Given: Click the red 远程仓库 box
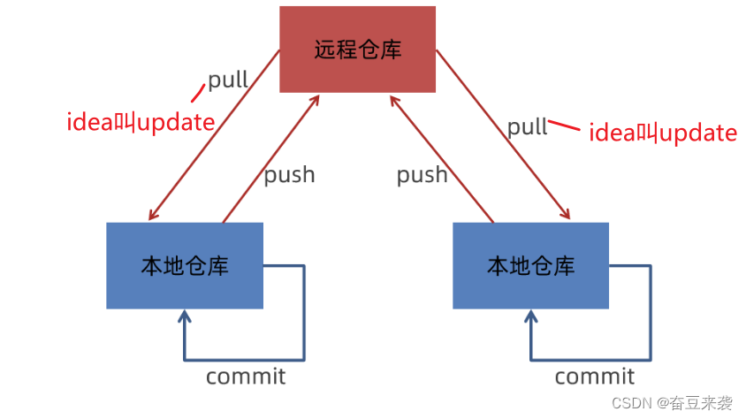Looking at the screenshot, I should [x=357, y=50].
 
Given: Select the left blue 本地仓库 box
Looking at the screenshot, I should [x=185, y=265].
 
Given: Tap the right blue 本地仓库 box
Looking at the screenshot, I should [x=531, y=265].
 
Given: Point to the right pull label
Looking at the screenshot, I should [x=528, y=126].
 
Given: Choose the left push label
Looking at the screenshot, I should [x=289, y=174].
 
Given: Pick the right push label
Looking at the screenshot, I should [x=422, y=174].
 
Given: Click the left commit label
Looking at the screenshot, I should [x=246, y=377].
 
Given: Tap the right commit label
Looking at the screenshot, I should [x=594, y=377].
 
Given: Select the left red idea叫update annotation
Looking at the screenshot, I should [x=141, y=122].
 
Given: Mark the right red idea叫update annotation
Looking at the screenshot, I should [x=662, y=133].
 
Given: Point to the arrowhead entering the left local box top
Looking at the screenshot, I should [x=153, y=215].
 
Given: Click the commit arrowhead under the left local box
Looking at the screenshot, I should [x=185, y=316].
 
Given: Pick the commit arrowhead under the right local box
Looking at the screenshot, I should [x=531, y=316].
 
